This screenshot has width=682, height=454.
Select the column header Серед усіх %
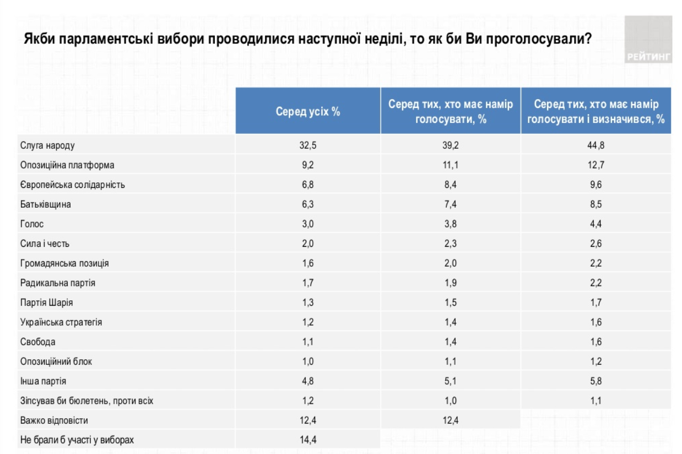tap(308, 111)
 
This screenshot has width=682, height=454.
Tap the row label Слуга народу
tap(47, 145)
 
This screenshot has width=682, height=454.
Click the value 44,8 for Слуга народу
tap(595, 145)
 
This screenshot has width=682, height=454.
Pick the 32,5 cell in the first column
tap(308, 145)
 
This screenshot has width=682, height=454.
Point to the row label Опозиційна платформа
tap(67, 165)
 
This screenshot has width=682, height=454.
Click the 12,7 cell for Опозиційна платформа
tap(595, 165)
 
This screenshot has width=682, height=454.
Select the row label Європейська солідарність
tap(72, 185)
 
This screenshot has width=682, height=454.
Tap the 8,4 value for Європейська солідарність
tap(450, 185)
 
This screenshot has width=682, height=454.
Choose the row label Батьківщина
tap(45, 204)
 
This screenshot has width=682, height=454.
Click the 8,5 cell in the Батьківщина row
tap(595, 204)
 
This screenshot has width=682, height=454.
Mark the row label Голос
tap(32, 224)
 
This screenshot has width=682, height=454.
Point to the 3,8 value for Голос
tap(450, 224)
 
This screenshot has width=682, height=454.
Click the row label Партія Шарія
tap(46, 302)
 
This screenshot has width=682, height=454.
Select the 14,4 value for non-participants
tap(308, 440)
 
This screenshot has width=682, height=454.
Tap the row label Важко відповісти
tap(54, 420)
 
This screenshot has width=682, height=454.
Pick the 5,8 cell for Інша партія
tap(595, 381)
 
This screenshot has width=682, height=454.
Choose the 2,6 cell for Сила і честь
tap(595, 244)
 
